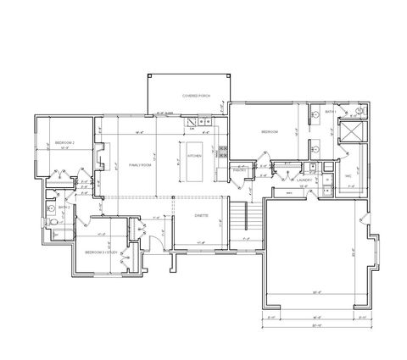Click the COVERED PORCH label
tap(190, 96)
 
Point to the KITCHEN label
tap(193, 157)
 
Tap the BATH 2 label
tap(64, 206)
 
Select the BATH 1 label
tap(331, 112)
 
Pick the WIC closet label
tap(348, 176)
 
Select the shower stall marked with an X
tap(350, 132)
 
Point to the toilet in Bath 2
tap(53, 222)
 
